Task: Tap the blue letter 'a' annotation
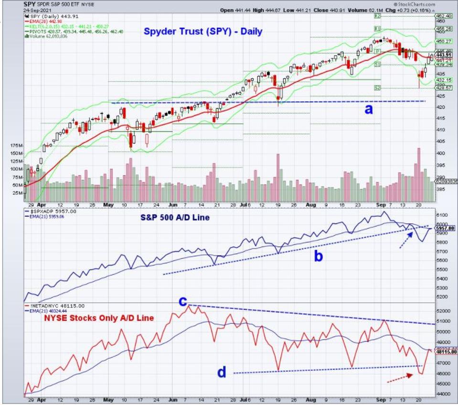(368, 109)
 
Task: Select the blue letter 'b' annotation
(318, 256)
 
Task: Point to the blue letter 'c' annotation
(182, 301)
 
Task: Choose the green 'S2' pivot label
(377, 88)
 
